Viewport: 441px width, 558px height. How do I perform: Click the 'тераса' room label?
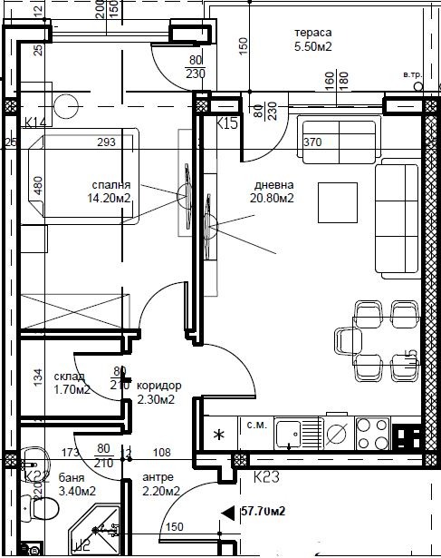[x=310, y=34]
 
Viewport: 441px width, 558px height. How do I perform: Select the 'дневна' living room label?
[x=273, y=178]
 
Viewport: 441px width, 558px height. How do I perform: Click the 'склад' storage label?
[x=70, y=377]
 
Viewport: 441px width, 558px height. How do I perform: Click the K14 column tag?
[x=36, y=122]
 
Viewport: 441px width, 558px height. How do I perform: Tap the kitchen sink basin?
[x=290, y=432]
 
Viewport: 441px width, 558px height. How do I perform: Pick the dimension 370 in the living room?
[x=312, y=142]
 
